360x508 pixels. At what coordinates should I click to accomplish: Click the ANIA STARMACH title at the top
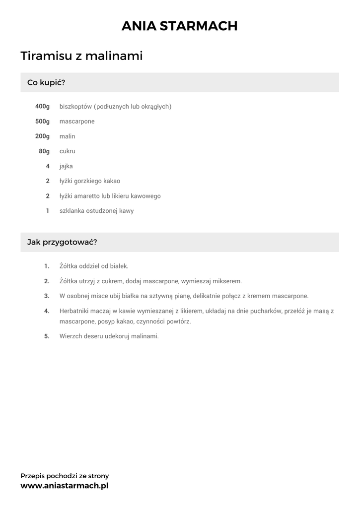(x=180, y=26)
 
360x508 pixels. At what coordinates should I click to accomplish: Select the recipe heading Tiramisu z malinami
(x=81, y=56)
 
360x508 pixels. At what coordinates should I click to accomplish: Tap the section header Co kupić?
(x=46, y=82)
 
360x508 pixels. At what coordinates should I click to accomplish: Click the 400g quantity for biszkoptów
(x=42, y=106)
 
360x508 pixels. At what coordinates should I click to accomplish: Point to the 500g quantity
(x=42, y=121)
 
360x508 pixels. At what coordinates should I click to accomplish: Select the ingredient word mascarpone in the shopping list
(x=77, y=121)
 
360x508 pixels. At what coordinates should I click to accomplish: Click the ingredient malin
(x=67, y=136)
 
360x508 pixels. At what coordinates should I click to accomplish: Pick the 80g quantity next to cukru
(x=44, y=151)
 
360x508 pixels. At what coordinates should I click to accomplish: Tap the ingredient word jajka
(x=66, y=166)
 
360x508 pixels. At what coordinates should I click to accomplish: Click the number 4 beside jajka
(x=48, y=166)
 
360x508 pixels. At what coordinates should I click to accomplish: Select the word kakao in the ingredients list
(x=112, y=181)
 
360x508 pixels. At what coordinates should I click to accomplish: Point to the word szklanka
(x=72, y=211)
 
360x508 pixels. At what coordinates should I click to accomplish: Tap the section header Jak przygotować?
(x=62, y=243)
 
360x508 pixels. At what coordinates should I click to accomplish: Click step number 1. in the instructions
(x=47, y=266)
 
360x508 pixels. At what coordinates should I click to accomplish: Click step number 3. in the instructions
(x=47, y=296)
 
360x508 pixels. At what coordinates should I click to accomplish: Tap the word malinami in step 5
(x=145, y=336)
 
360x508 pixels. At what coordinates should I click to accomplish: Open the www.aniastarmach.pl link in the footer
(x=64, y=486)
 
